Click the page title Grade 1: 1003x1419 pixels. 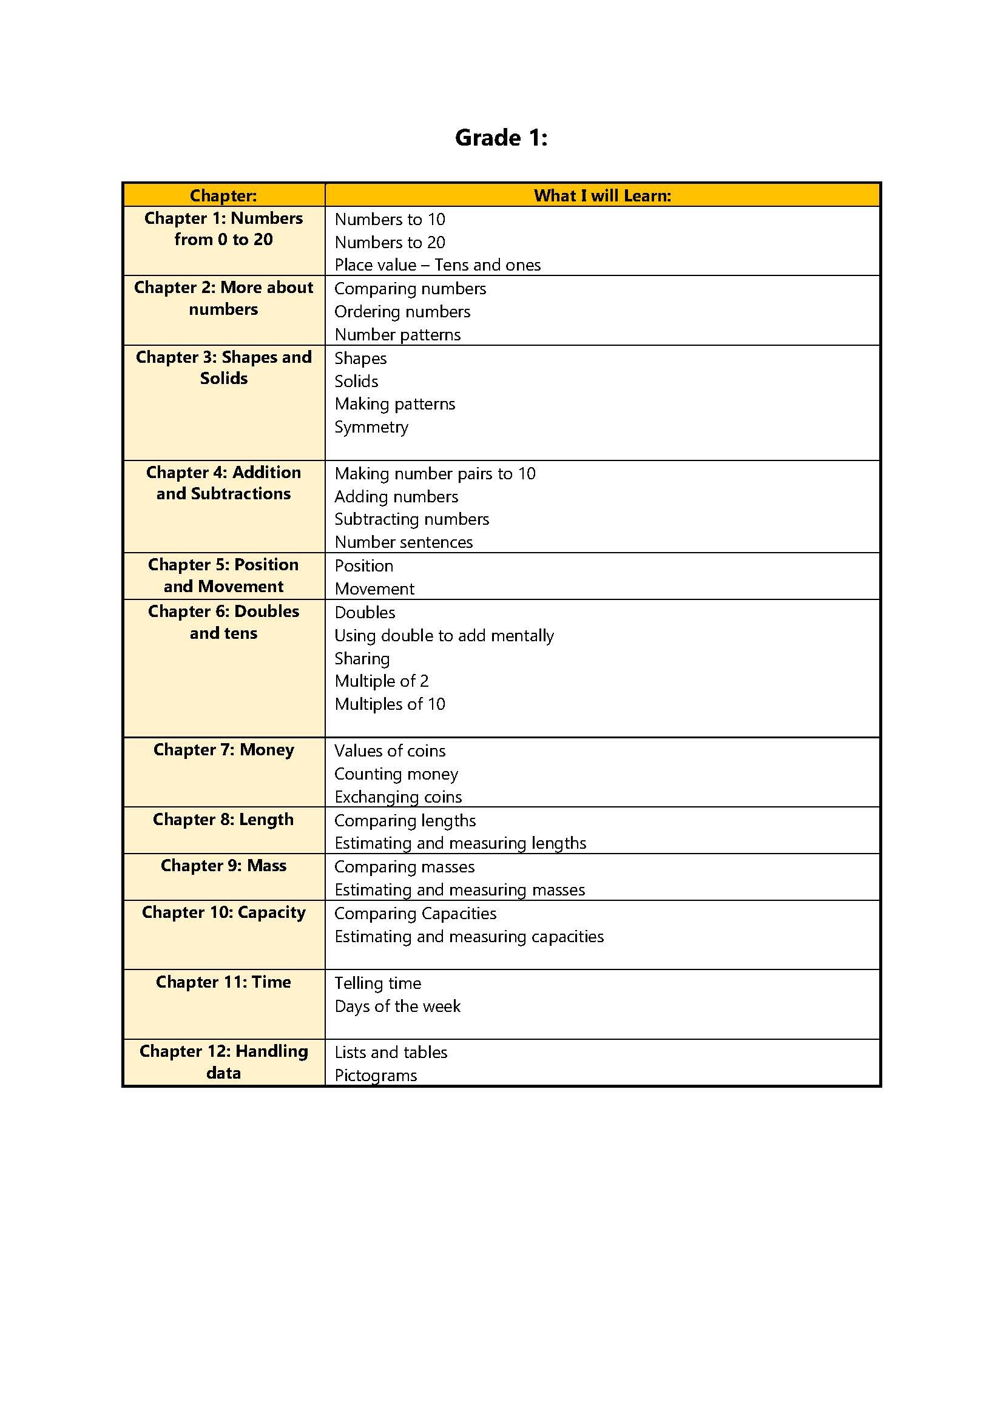pos(501,137)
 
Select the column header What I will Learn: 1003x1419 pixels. pos(602,195)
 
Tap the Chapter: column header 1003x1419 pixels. pos(223,195)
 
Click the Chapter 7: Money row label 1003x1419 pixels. pos(223,750)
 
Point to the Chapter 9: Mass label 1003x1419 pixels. pos(223,865)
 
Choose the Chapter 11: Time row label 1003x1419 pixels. pos(223,982)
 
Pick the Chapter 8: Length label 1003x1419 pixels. pos(223,819)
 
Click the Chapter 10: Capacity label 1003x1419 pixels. pos(223,912)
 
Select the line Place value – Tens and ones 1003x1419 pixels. pos(437,265)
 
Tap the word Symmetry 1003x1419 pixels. pos(371,427)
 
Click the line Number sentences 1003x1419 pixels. pos(403,542)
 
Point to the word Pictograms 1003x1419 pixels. pos(375,1076)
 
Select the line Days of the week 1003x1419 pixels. pos(397,1006)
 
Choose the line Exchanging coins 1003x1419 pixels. pos(397,797)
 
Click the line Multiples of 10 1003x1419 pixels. pos(390,704)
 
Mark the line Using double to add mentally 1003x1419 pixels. pos(444,635)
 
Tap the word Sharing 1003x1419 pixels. pos(362,658)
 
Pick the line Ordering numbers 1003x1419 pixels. pos(402,311)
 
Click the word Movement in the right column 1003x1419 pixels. pos(374,589)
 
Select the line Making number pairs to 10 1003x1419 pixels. pos(434,473)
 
